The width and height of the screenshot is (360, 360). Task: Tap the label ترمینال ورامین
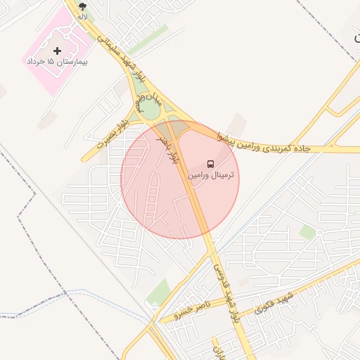click(212, 174)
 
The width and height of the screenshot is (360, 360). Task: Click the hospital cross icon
click(58, 51)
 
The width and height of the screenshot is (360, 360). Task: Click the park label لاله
click(83, 15)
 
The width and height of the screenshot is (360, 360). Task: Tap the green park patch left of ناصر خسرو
click(159, 292)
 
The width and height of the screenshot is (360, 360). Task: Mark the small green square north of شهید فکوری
click(307, 231)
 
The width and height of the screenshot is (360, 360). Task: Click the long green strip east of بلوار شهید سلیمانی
click(148, 40)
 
